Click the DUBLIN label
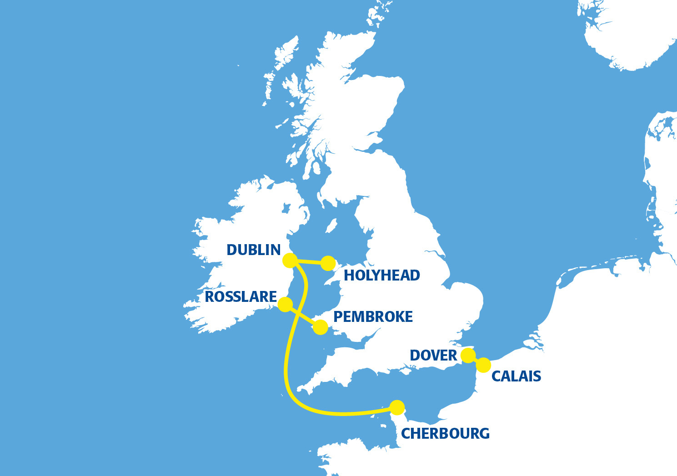click(x=253, y=250)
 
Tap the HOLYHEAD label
click(x=382, y=275)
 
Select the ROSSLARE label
click(x=241, y=297)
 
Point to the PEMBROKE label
click(x=373, y=317)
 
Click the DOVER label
click(x=433, y=355)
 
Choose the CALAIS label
click(x=517, y=376)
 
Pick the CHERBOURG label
click(x=445, y=434)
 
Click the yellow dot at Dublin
click(x=290, y=261)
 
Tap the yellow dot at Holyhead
click(x=328, y=263)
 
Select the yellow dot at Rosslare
click(x=285, y=304)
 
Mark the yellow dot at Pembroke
click(x=321, y=327)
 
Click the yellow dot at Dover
click(x=468, y=356)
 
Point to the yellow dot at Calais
click(x=484, y=365)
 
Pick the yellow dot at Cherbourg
click(x=397, y=407)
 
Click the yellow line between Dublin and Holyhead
click(x=309, y=262)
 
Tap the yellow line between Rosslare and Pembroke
click(x=303, y=316)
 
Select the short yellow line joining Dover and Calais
click(x=476, y=361)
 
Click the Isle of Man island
click(x=331, y=225)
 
